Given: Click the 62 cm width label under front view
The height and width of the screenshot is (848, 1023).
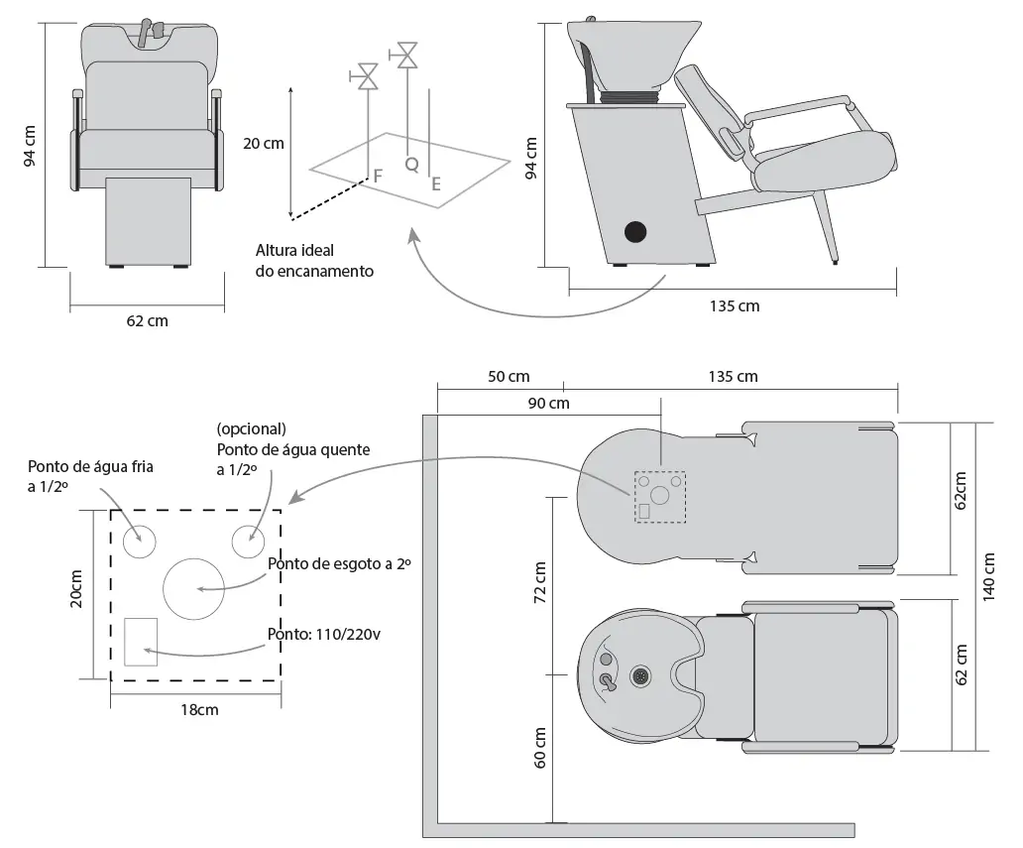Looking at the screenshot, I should [x=147, y=320].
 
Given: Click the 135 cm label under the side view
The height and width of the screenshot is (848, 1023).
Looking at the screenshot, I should [x=735, y=305].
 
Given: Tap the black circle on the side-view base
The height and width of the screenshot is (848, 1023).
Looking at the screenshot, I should [x=634, y=232].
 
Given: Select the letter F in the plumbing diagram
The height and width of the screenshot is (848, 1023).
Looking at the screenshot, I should [x=378, y=176].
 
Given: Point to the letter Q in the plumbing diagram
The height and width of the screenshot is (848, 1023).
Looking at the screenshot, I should [x=411, y=164].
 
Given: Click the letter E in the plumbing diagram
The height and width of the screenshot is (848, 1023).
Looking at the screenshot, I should [x=436, y=183].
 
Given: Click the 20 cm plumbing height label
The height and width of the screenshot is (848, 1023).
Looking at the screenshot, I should [x=263, y=143].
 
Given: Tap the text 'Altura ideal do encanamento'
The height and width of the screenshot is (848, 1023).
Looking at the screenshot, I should [x=314, y=261].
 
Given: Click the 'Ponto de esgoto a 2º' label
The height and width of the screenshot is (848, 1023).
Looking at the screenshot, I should [x=339, y=563].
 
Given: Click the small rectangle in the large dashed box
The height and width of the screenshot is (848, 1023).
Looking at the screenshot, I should [x=141, y=641].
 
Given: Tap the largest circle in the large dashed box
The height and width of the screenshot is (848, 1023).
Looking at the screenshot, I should [x=193, y=588].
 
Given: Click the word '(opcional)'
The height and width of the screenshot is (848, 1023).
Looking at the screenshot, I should [x=250, y=429].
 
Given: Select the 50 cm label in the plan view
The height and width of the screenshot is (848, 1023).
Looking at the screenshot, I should [x=509, y=376].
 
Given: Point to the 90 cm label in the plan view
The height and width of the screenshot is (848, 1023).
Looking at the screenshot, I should [x=548, y=403].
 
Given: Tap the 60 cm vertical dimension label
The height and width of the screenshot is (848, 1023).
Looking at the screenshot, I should [x=540, y=747].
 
